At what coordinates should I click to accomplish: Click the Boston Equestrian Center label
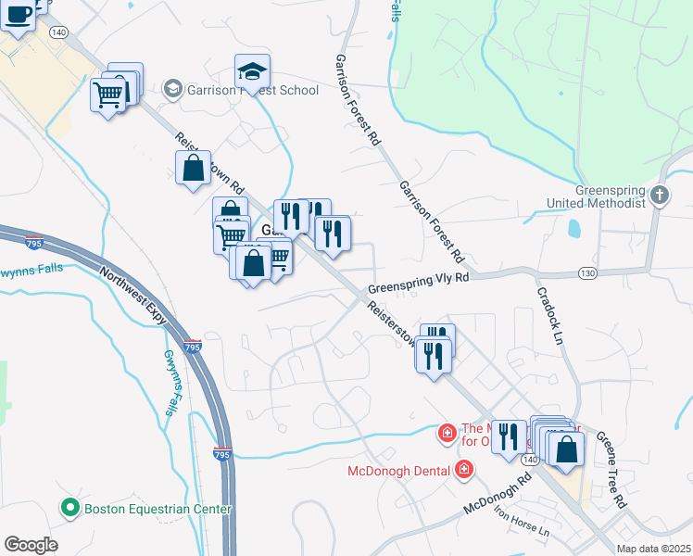(x=157, y=508)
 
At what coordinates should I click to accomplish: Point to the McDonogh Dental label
(x=400, y=471)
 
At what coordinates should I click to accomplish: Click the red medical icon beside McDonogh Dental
(x=464, y=471)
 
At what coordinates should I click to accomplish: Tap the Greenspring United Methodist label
(x=610, y=196)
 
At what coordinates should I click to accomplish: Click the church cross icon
(x=659, y=195)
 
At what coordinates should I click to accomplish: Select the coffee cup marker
(x=19, y=14)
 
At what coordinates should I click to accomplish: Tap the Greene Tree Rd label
(x=611, y=469)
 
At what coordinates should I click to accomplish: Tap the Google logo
(x=31, y=545)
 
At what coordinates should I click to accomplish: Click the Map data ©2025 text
(x=653, y=549)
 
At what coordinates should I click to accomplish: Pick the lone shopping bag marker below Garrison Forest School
(x=193, y=168)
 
